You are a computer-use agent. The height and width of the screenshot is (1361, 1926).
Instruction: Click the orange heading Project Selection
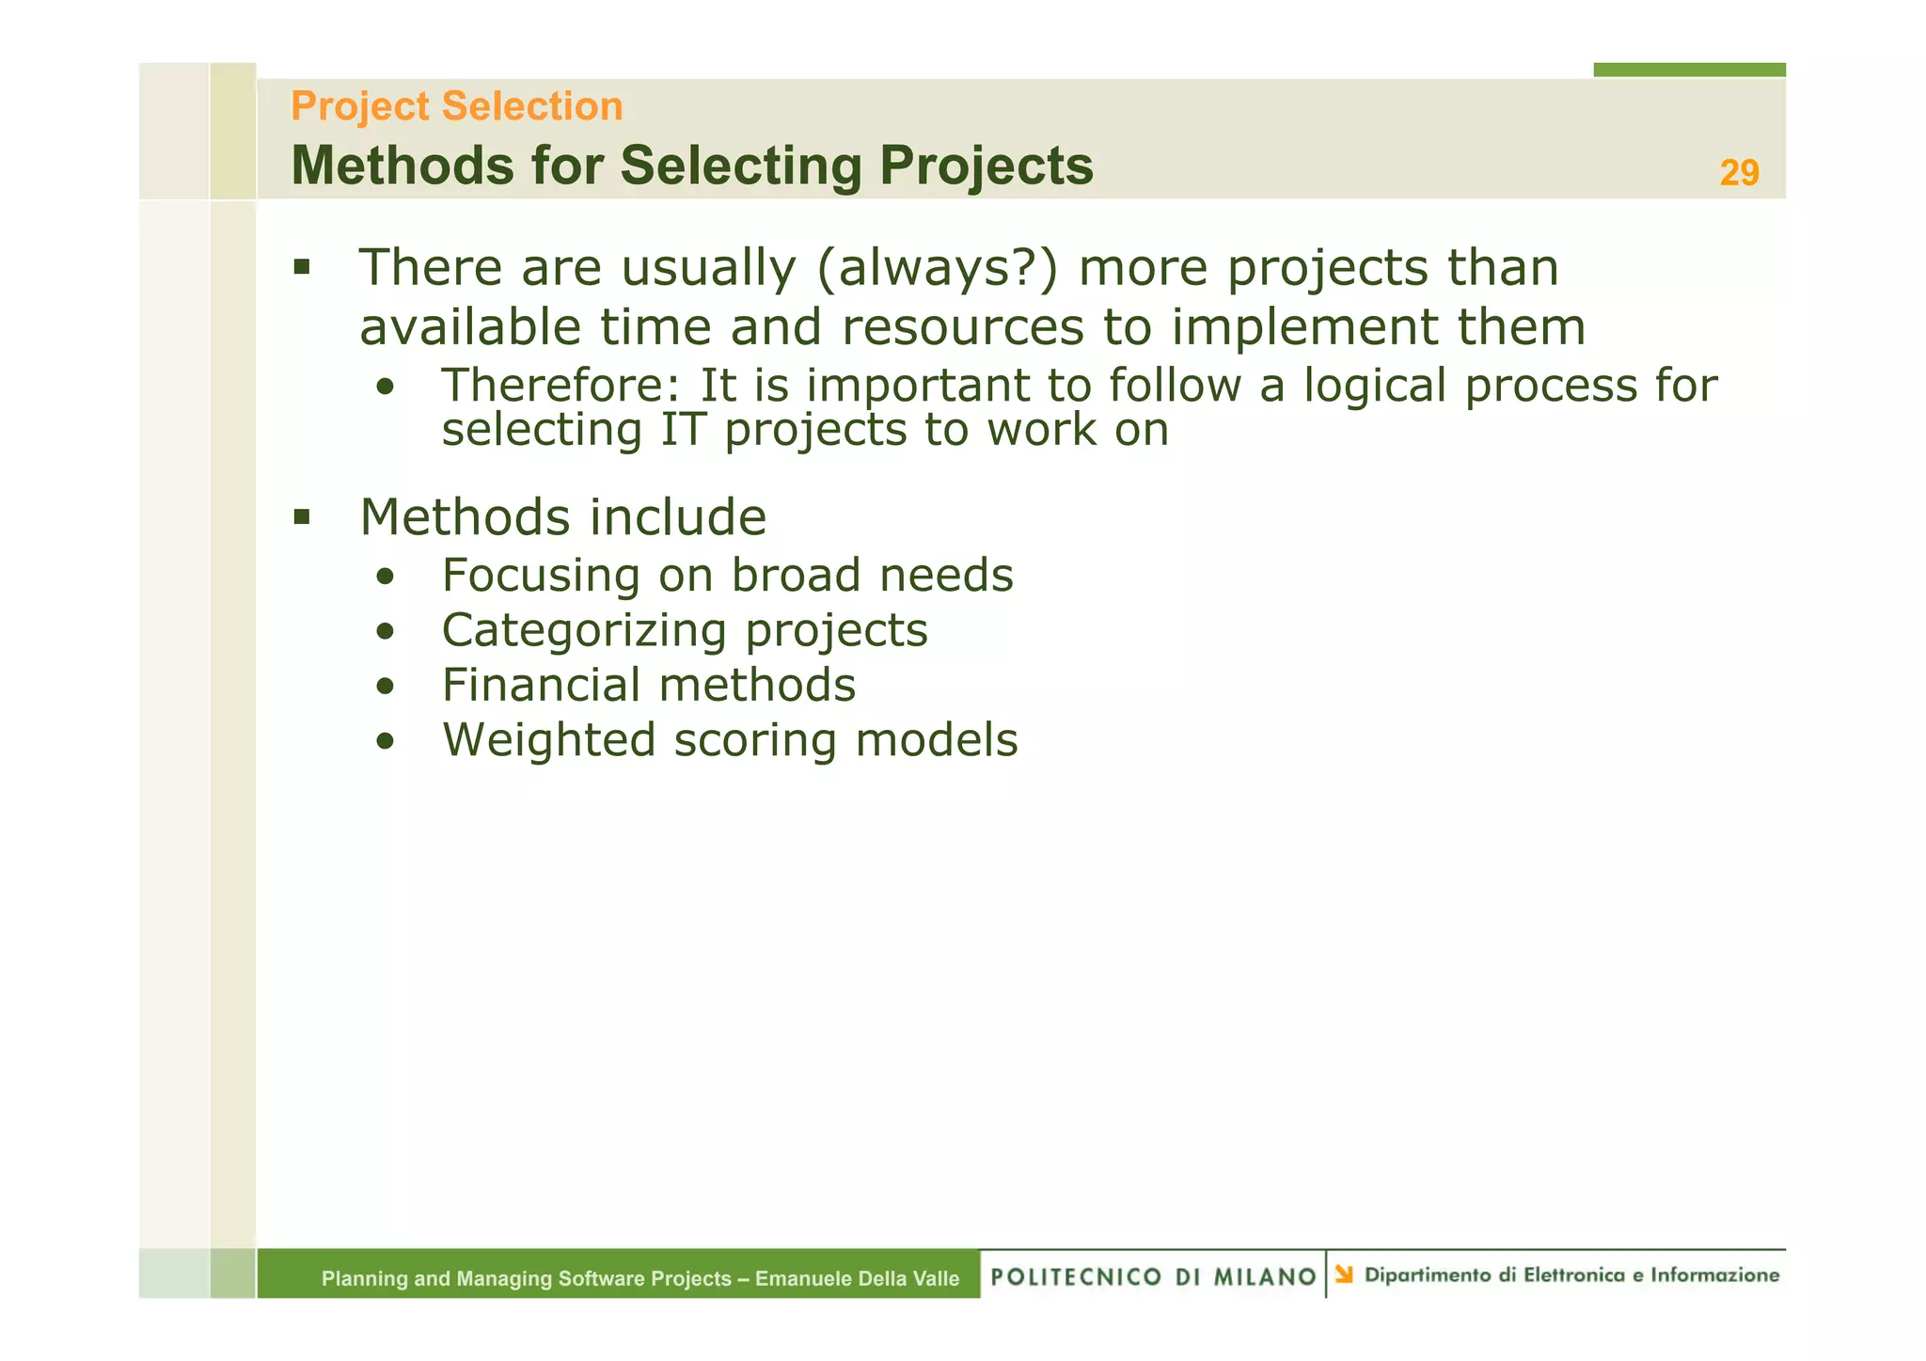click(456, 106)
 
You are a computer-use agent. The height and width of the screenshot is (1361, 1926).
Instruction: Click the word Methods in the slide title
click(403, 166)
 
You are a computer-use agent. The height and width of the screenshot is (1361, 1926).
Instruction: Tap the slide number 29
click(1739, 173)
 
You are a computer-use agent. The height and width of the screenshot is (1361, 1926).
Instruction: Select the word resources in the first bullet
click(963, 328)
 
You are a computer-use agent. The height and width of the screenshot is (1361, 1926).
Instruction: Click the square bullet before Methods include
click(301, 516)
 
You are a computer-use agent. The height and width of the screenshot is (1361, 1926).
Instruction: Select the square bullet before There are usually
click(301, 267)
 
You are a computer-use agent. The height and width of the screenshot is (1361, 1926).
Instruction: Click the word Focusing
click(541, 576)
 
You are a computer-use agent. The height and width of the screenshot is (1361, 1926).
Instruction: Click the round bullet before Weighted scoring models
click(385, 742)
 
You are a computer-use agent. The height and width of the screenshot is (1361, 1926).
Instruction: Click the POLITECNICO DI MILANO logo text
click(1153, 1276)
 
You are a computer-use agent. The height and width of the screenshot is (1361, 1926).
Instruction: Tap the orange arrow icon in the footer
click(1344, 1274)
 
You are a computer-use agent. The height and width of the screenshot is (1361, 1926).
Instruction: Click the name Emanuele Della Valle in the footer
click(857, 1278)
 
